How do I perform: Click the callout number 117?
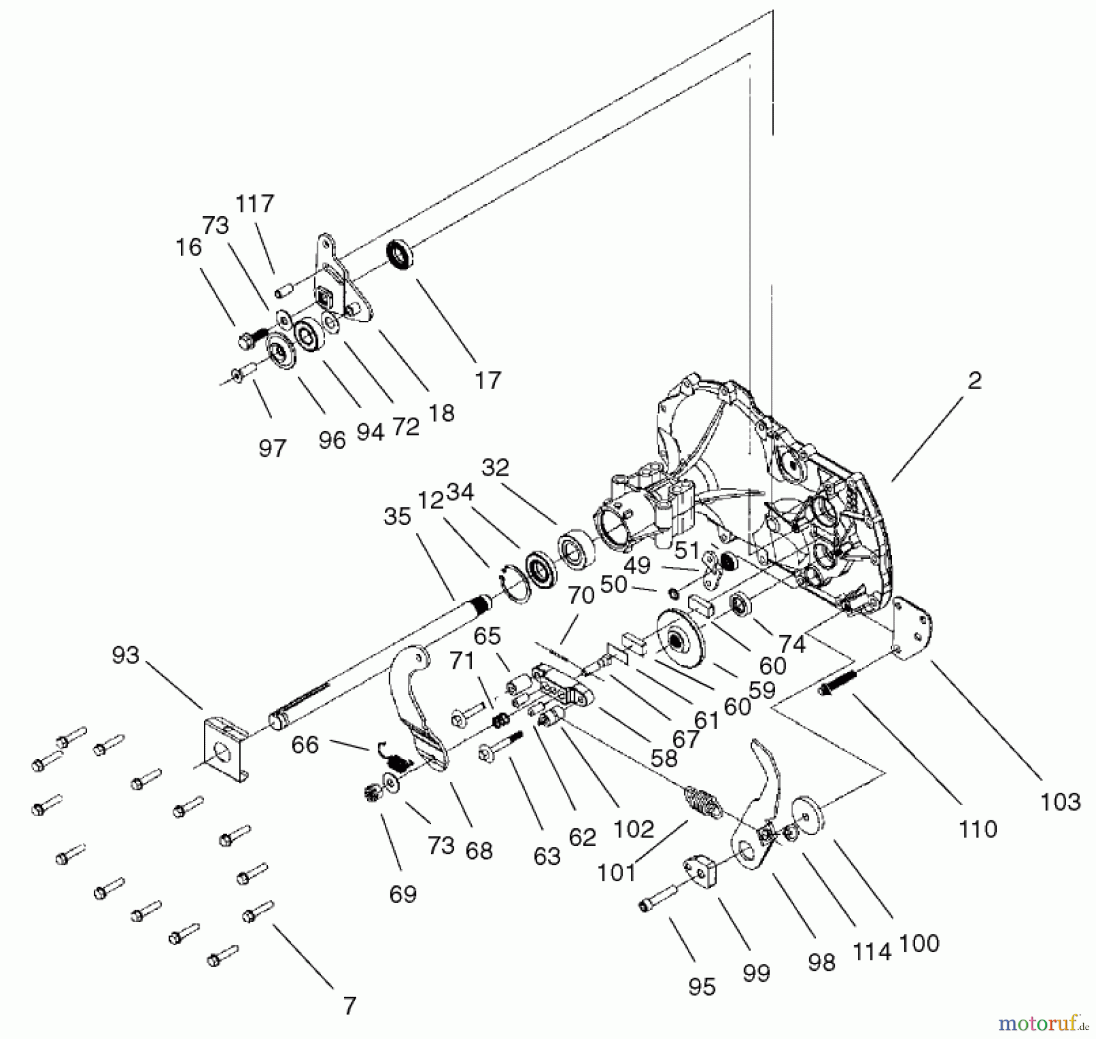tap(255, 204)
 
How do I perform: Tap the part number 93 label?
tap(125, 656)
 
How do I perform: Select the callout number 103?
tap(1060, 802)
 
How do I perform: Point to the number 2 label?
tap(975, 381)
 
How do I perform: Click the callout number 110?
tap(978, 829)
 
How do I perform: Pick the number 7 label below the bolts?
tap(350, 1006)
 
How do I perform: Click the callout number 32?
tap(495, 468)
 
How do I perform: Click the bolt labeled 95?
tap(658, 899)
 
